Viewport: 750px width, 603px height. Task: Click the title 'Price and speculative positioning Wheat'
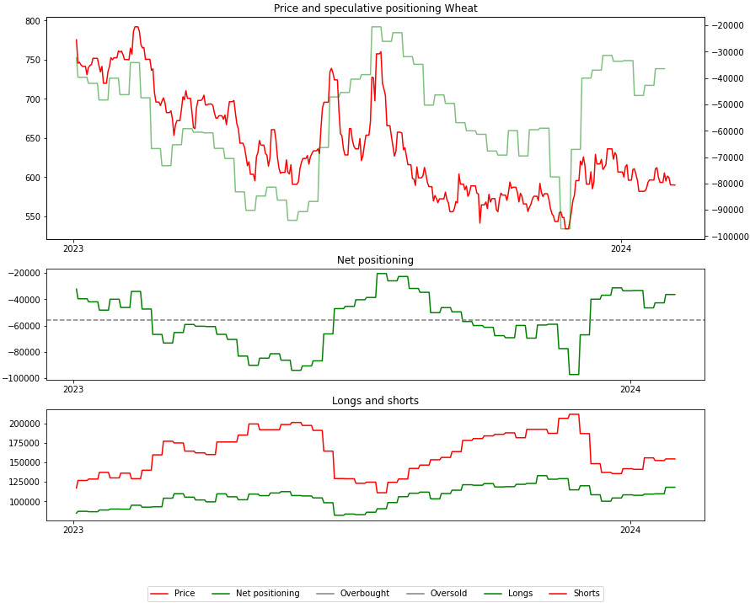click(375, 8)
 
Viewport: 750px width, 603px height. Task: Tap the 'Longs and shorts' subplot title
click(375, 401)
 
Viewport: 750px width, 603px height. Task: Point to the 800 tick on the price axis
click(32, 21)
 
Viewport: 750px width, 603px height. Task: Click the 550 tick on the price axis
click(32, 216)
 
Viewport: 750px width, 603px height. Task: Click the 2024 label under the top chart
click(620, 248)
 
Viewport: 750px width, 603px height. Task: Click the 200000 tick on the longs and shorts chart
click(25, 424)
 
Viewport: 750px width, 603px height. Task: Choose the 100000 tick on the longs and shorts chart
click(25, 502)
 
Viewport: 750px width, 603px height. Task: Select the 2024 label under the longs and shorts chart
click(630, 530)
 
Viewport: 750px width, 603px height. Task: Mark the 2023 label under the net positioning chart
click(74, 389)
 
